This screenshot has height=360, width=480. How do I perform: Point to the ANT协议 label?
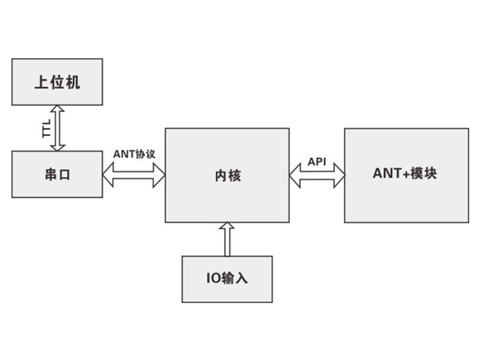pos(134,154)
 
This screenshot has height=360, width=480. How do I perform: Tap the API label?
pos(317,161)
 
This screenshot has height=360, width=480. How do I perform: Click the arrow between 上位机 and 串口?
pos(57,128)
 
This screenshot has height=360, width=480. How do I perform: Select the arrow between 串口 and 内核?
pos(134,175)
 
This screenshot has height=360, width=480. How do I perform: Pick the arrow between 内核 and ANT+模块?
pos(317,175)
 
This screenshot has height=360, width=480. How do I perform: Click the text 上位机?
pos(57,82)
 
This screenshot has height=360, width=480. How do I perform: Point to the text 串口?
pos(57,175)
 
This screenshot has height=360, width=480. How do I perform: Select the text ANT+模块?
pos(405,175)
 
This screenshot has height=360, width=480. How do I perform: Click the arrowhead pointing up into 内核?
pos(227,227)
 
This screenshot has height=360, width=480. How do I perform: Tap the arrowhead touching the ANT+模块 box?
pos(339,175)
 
